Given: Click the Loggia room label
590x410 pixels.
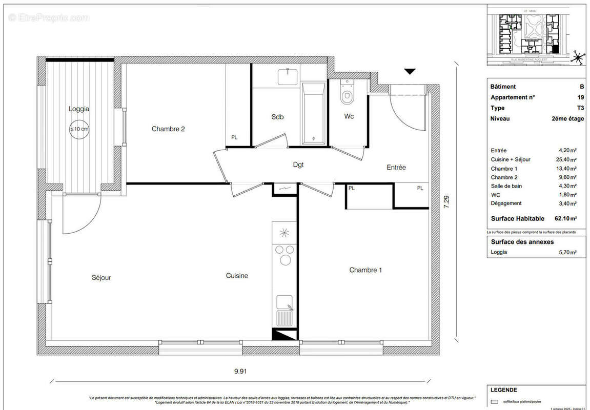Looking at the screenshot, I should point(79,109).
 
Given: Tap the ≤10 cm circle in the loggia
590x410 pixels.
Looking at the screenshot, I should point(79,129).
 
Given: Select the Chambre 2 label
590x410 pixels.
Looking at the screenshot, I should point(168,129).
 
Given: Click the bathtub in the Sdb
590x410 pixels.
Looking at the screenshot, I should point(312,113).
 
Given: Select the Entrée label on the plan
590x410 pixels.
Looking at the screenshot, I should point(396,168).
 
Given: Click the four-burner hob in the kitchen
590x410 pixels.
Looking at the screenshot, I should point(284,255).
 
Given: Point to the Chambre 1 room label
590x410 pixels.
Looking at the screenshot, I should point(365,270).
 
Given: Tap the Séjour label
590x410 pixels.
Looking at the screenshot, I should point(101,278).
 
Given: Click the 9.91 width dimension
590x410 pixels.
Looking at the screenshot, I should point(240,371).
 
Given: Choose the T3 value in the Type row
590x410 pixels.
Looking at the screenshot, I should point(580,108).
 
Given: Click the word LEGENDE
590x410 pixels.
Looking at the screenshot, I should point(503,390).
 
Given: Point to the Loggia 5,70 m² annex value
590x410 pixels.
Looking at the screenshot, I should point(567,252).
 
